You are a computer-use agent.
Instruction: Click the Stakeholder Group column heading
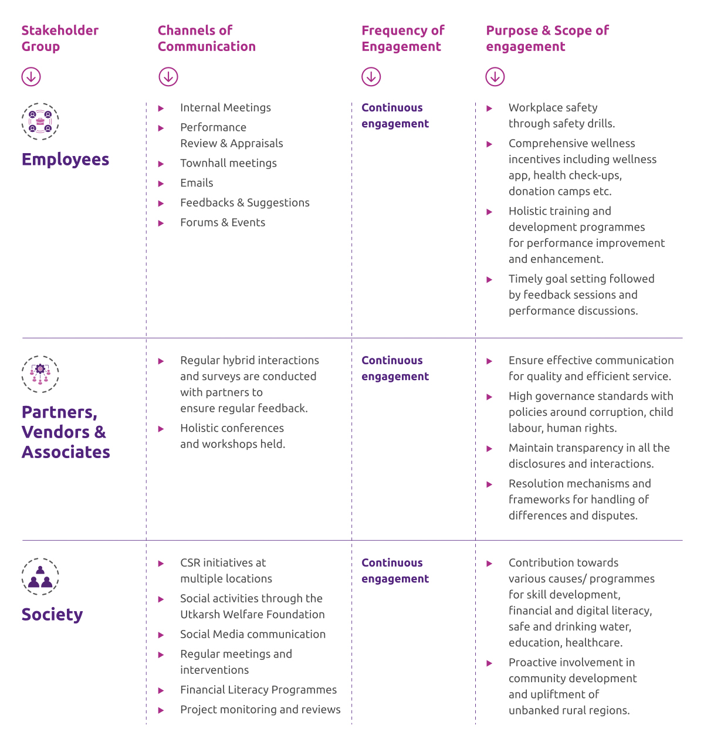click(60, 38)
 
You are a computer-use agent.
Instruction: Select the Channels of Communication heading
click(207, 38)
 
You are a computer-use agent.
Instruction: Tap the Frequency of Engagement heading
click(402, 38)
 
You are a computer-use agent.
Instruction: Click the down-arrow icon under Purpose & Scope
click(495, 76)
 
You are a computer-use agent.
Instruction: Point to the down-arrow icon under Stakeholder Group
click(31, 76)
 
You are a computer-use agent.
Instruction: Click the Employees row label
click(65, 160)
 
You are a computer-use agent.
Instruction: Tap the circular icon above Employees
click(40, 121)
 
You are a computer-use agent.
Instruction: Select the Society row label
click(52, 614)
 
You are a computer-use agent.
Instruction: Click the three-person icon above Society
click(40, 577)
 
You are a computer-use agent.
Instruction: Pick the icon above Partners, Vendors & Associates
click(40, 374)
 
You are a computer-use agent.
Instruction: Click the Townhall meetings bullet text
click(228, 163)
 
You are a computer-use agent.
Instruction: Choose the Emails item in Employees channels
click(197, 183)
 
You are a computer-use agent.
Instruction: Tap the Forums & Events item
click(222, 222)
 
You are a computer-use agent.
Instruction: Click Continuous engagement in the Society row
click(395, 571)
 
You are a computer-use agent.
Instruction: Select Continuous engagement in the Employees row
click(395, 116)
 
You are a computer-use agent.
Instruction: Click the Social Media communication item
click(252, 634)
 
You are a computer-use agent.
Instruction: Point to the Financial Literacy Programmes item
click(258, 690)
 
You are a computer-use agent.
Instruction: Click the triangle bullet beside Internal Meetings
click(161, 109)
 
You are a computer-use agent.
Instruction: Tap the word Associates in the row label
click(66, 452)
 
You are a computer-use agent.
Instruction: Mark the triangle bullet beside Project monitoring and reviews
click(161, 710)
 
